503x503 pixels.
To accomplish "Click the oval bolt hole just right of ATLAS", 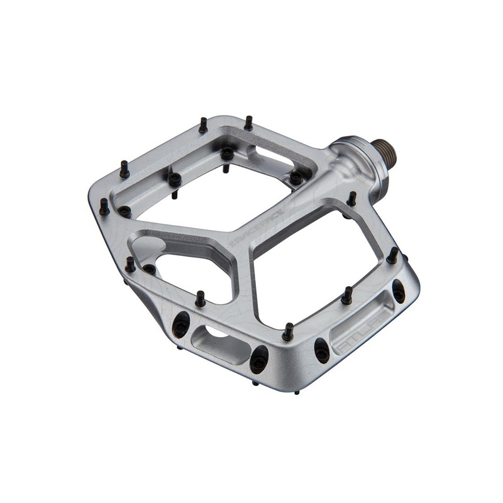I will tap(398, 291).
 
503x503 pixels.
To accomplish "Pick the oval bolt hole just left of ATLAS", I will tap(322, 350).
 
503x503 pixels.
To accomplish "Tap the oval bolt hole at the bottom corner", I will tap(258, 360).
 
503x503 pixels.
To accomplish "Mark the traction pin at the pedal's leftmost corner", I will tap(104, 206).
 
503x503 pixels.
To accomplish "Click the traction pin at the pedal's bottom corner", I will tap(288, 331).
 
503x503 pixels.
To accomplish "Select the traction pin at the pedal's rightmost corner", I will tap(392, 255).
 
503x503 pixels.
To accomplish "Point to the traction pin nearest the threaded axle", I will tap(352, 199).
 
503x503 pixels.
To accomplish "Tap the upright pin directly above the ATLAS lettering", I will tap(346, 295).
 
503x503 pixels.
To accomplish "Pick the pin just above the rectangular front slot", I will tap(200, 299).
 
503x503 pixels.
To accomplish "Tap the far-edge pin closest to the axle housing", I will tap(248, 123).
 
